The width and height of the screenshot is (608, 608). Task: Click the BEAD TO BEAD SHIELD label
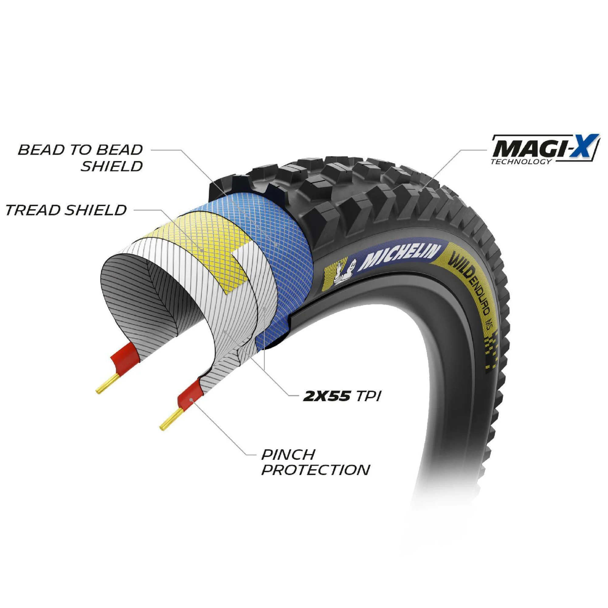point(81,158)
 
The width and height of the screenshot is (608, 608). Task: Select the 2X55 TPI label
point(342,396)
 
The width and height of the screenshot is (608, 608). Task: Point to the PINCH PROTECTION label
point(316,462)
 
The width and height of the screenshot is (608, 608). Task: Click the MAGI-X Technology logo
point(545,149)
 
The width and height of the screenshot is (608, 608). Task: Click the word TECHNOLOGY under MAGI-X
point(521,161)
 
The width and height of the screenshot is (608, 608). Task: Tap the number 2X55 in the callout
point(326,396)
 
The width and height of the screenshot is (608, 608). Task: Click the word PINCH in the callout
point(288,454)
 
